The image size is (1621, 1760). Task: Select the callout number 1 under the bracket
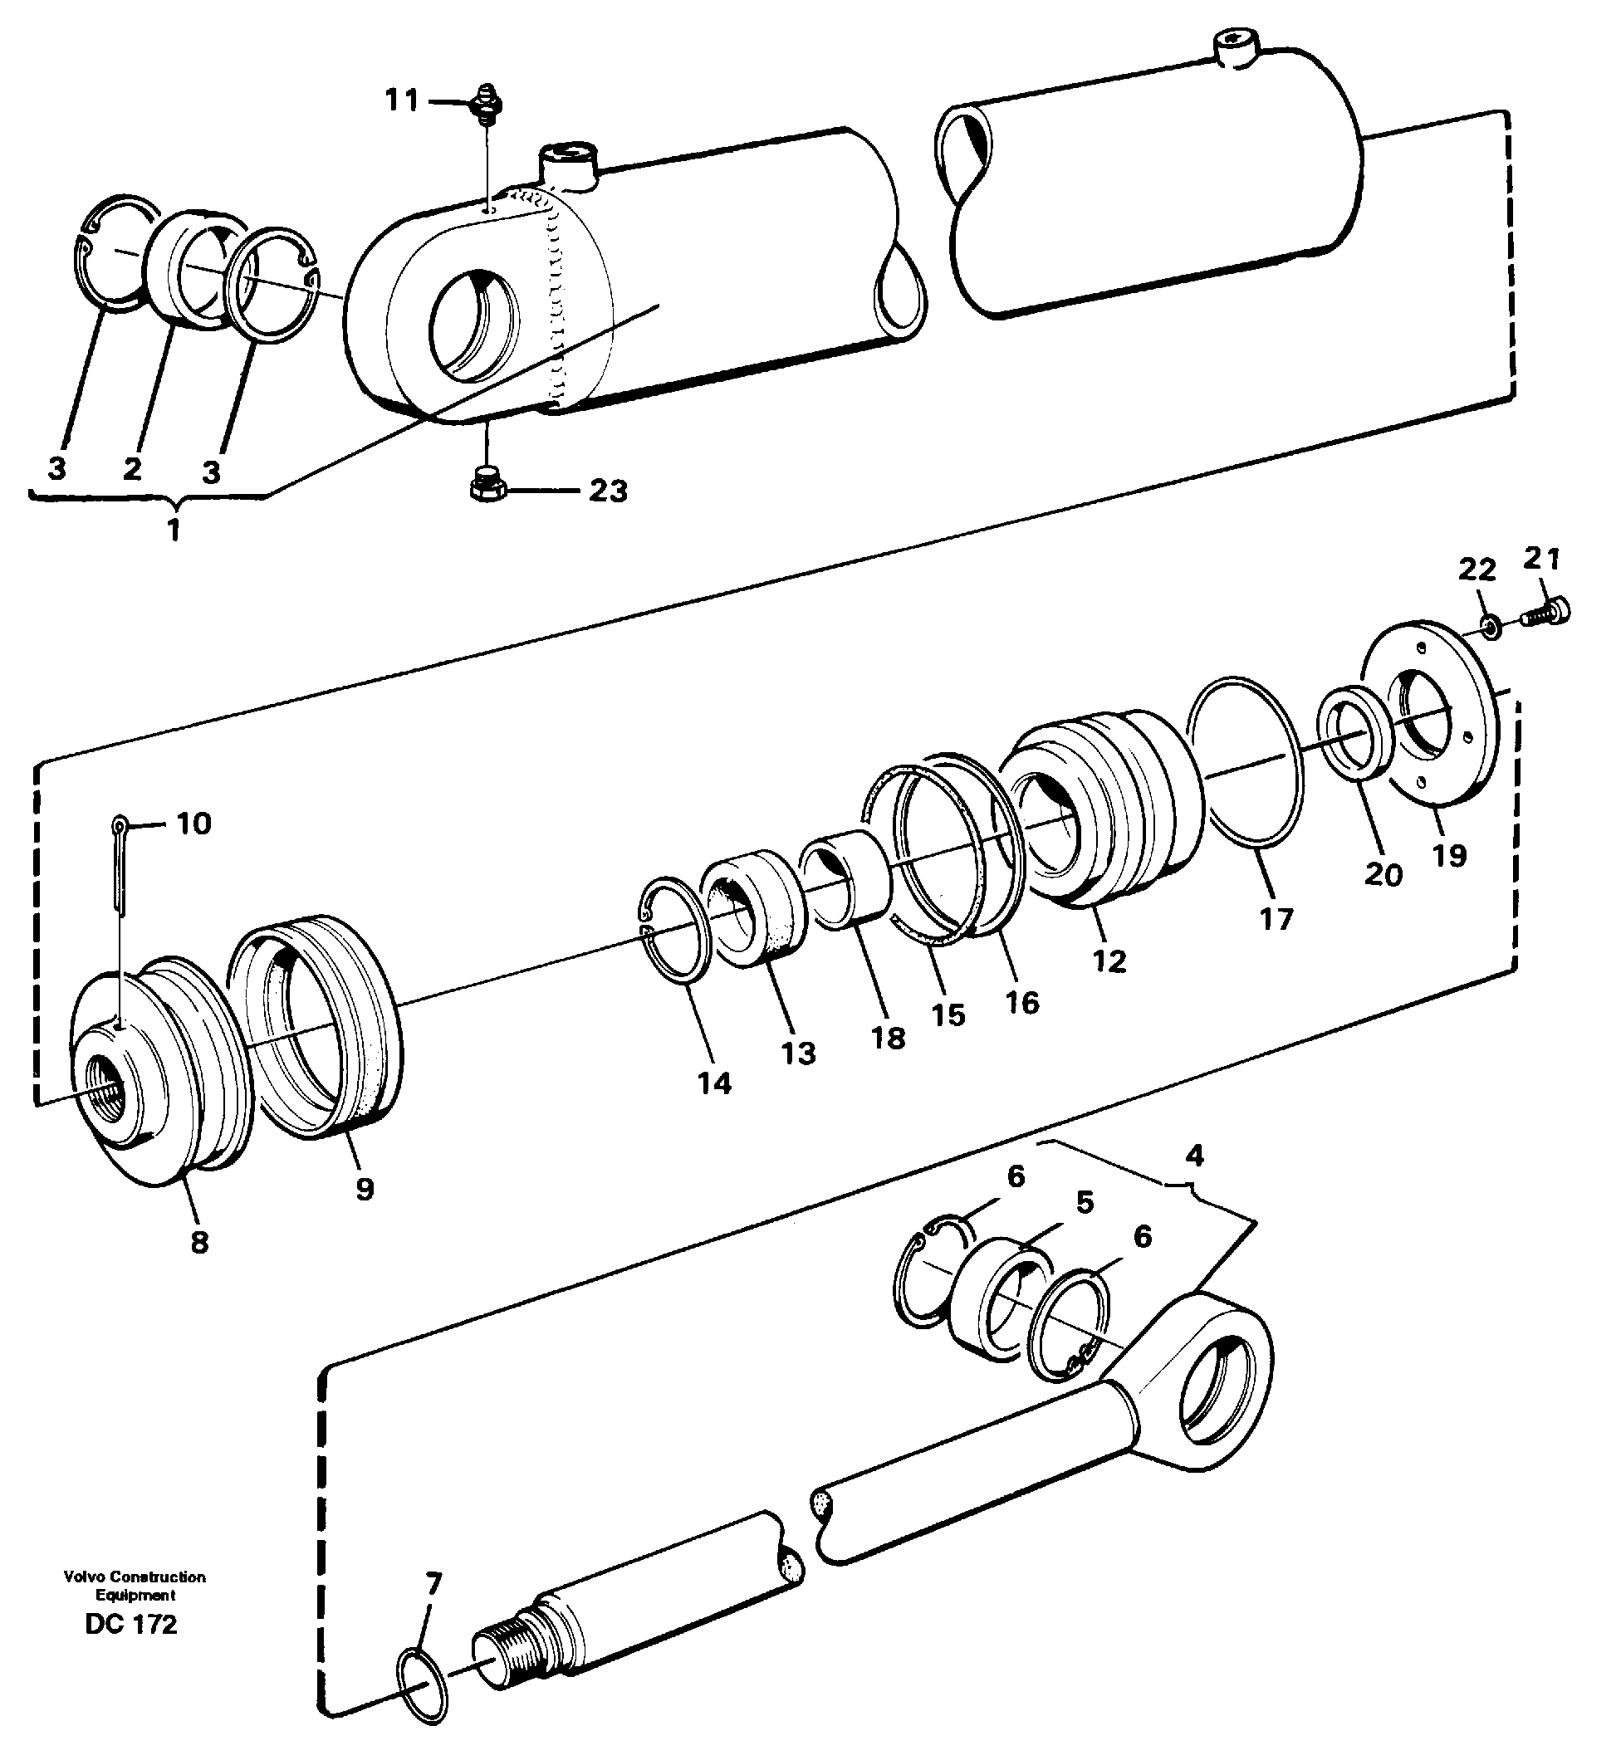[174, 530]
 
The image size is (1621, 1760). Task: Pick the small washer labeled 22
[1491, 624]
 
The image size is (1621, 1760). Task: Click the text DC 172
[131, 1625]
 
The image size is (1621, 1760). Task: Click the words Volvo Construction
[135, 1577]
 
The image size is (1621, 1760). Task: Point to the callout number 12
[1109, 961]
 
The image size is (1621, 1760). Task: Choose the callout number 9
[365, 1189]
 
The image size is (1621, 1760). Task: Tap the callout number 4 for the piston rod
[1194, 1156]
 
